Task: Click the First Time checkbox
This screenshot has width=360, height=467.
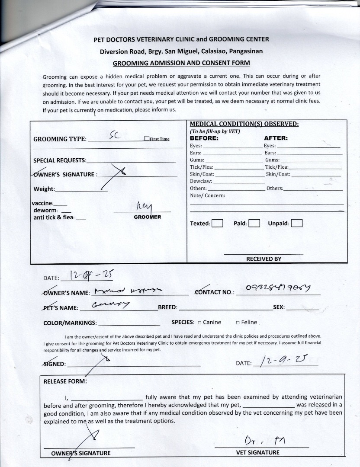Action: point(147,139)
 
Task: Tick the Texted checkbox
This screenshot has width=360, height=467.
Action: point(218,224)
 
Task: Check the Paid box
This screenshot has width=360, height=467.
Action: point(254,224)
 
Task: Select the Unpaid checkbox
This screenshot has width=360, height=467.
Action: point(297,224)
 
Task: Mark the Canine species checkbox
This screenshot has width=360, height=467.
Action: point(199,323)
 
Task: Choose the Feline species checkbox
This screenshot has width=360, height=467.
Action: point(238,323)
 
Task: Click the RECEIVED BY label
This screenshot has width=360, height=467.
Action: point(264,259)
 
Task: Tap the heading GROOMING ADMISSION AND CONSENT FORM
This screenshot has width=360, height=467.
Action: point(181,63)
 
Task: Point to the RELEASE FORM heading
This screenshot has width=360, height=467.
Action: point(65,381)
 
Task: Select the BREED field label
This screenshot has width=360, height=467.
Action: point(167,307)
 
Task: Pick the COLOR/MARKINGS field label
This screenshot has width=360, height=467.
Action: point(70,323)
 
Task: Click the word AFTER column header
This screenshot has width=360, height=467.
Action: point(276,138)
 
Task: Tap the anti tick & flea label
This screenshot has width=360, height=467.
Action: point(54,218)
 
